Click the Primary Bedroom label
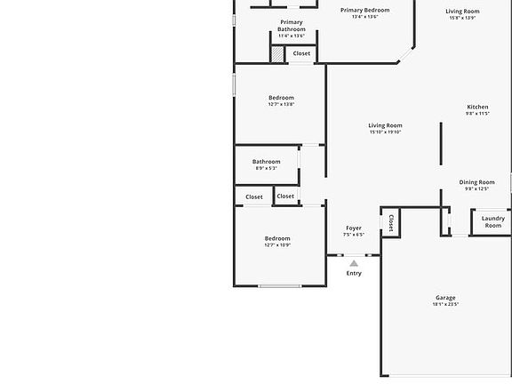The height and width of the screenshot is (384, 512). pyautogui.click(x=364, y=10)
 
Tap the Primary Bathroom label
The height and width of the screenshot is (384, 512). pyautogui.click(x=291, y=26)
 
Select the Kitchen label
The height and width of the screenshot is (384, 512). pyautogui.click(x=477, y=107)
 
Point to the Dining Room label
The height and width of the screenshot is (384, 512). pyautogui.click(x=476, y=182)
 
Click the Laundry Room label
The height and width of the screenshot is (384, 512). pyautogui.click(x=492, y=221)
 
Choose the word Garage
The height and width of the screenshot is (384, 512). pyautogui.click(x=445, y=298)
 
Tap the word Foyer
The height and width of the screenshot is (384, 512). pyautogui.click(x=354, y=228)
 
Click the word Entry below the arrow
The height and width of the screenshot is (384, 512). pyautogui.click(x=354, y=273)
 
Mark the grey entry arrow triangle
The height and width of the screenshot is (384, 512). pyautogui.click(x=354, y=263)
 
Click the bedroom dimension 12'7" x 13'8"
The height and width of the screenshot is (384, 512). pyautogui.click(x=281, y=104)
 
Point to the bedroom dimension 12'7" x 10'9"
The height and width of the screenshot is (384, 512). pyautogui.click(x=277, y=245)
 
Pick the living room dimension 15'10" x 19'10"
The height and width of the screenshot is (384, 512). pyautogui.click(x=386, y=132)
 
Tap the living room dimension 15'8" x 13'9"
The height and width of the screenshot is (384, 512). pyautogui.click(x=462, y=18)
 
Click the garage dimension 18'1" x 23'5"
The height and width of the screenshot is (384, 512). pyautogui.click(x=445, y=305)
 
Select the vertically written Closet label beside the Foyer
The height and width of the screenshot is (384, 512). pyautogui.click(x=391, y=222)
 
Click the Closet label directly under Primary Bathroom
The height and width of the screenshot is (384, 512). pyautogui.click(x=301, y=53)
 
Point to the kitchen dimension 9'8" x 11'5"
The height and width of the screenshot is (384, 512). pyautogui.click(x=477, y=113)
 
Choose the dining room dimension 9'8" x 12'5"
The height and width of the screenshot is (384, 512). pyautogui.click(x=476, y=188)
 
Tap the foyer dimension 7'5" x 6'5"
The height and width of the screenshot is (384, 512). pyautogui.click(x=354, y=235)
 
